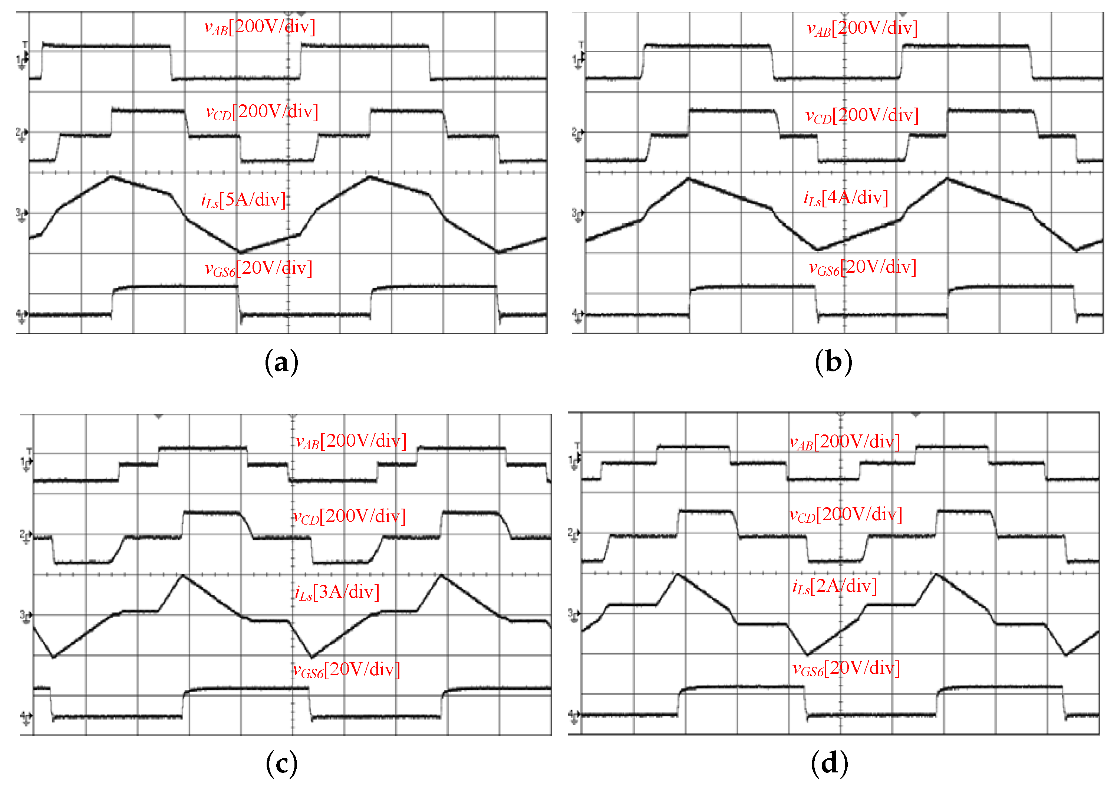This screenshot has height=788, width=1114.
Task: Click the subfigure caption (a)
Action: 281,362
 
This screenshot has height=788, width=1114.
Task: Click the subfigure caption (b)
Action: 833,362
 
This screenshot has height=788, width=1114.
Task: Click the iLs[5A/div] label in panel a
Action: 244,200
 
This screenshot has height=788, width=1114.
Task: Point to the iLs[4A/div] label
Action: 846,198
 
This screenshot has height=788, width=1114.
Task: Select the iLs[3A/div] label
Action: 337,592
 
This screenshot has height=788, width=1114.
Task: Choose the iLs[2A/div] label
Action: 834,587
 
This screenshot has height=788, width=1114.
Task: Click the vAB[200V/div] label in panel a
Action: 260,27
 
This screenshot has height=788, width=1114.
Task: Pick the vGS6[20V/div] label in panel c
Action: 347,670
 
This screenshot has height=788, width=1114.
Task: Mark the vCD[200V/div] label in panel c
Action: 349,516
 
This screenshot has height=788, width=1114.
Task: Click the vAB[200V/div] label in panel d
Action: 845,442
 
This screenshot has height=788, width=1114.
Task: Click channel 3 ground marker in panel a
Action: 22,214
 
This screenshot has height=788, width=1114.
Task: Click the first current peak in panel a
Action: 112,177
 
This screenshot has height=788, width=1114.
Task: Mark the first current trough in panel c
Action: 53,657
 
